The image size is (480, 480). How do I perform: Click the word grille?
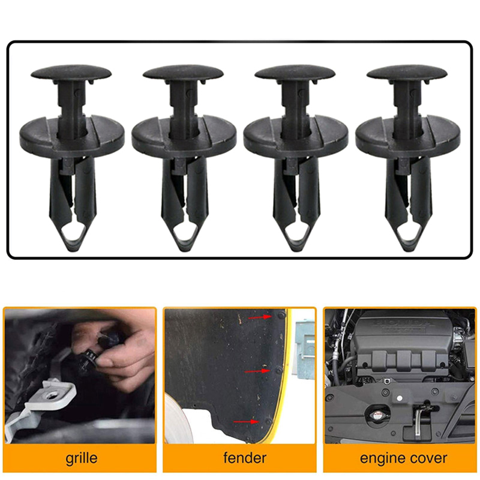tap(82, 458)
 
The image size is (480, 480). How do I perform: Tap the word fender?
tap(245, 458)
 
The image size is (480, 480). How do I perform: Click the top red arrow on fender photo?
tap(260, 317)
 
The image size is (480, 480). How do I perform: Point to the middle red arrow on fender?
tap(257, 371)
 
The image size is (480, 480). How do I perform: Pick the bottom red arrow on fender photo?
tap(246, 422)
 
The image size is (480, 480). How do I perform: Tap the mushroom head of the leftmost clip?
tap(71, 72)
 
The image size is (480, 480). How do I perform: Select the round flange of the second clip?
tap(184, 134)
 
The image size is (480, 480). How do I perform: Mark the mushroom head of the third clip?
tap(295, 72)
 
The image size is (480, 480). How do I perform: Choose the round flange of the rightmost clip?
tap(407, 134)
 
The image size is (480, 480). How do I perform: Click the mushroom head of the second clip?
tap(183, 72)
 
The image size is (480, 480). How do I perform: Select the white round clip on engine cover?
tap(399, 398)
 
